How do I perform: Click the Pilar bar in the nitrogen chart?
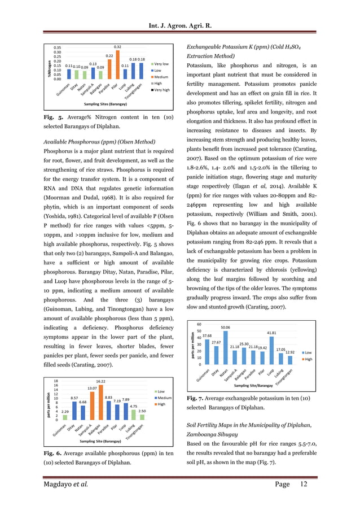pyautogui.click(x=117, y=65)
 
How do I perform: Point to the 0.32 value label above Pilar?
pyautogui.click(x=117, y=47)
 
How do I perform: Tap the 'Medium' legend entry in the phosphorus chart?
pyautogui.click(x=164, y=382)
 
